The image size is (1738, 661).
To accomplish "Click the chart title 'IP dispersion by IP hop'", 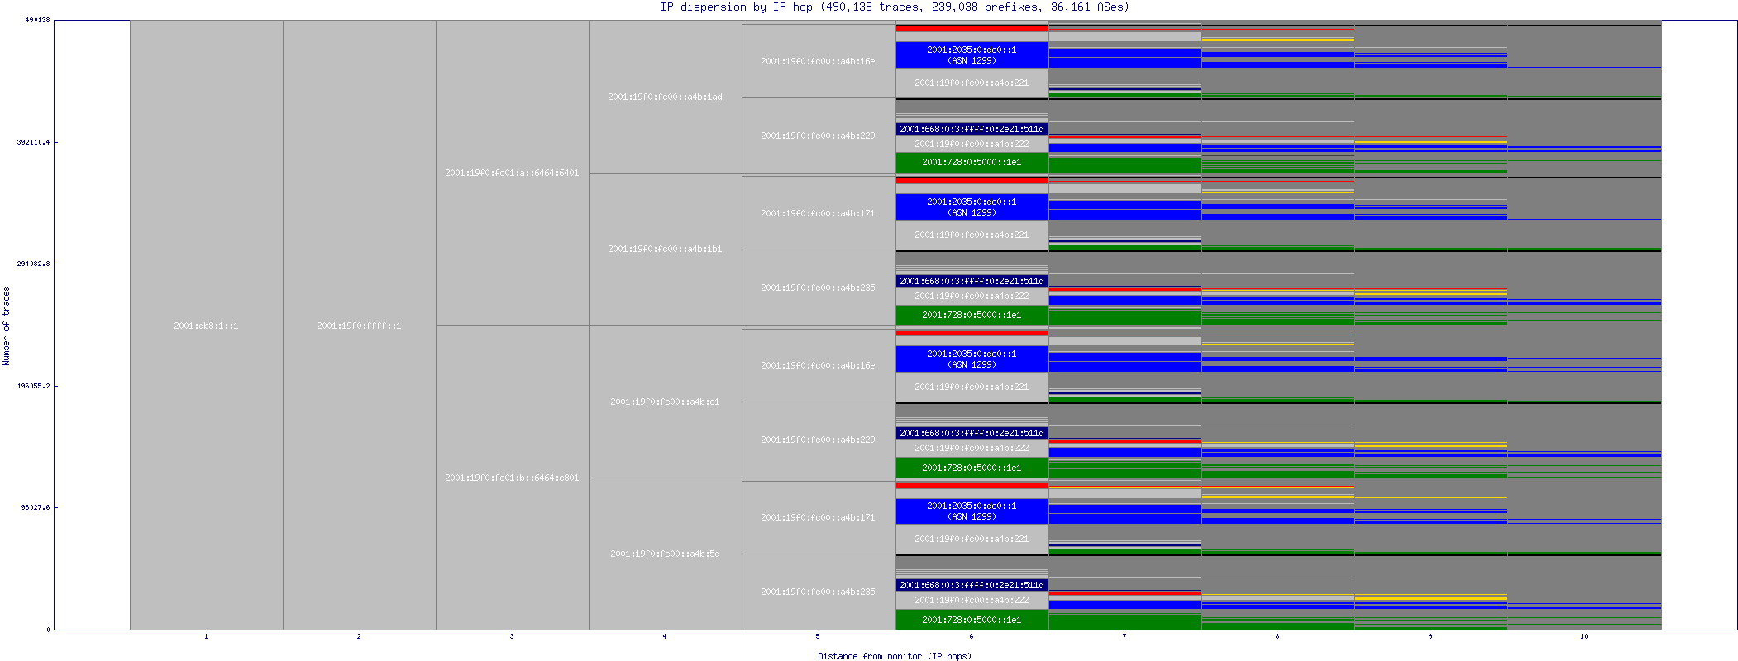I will [736, 7].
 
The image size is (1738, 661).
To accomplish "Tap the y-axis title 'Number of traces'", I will [7, 326].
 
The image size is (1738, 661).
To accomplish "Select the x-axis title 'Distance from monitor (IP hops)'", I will [895, 656].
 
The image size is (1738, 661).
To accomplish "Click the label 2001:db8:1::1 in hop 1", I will [206, 326].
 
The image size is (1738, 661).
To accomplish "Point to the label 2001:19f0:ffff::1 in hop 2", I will [359, 326].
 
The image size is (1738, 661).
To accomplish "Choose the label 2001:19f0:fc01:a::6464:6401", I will [512, 173].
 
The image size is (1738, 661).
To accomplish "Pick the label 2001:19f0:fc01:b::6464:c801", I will [512, 478].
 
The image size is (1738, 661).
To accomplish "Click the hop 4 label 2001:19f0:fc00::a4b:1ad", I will [665, 97].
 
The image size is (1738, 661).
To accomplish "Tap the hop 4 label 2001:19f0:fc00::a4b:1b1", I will [665, 249].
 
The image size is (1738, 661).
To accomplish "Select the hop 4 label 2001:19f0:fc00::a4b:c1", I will [665, 402].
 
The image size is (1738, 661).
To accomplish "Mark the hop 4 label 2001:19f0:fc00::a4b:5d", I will [665, 554].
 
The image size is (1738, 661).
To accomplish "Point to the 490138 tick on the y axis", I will [37, 20].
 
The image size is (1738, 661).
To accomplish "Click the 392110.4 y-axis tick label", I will [33, 142].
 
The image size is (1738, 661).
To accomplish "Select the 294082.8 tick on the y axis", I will [33, 264].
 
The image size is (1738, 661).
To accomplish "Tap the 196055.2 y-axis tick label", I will [33, 386].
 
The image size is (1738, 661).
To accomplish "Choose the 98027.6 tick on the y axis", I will [36, 507].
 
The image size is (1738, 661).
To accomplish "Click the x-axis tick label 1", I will [206, 636].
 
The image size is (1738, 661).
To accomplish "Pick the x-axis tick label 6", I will [972, 636].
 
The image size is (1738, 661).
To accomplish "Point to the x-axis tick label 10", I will [1583, 636].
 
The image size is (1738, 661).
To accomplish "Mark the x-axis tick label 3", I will [512, 636].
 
